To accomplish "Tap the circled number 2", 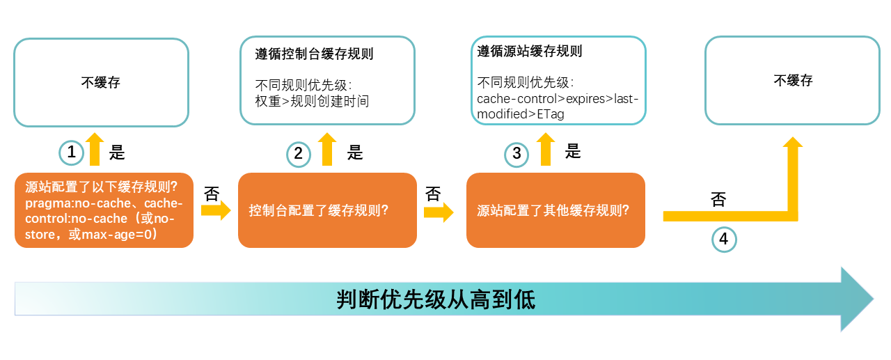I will pos(299,153).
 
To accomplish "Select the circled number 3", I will pos(517,153).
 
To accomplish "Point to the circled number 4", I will pos(724,240).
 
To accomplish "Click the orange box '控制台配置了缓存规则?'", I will pos(327,210).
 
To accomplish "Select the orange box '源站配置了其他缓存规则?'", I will pos(555,210).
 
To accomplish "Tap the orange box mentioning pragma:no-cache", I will pos(104,210).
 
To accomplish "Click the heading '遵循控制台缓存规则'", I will pos(315,54).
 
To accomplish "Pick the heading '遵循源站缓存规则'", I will pos(530,51).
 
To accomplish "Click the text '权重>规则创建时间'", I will pos(313,101).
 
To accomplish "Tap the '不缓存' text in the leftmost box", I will pos(101,82).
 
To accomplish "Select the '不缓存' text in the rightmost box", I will pos(793,80).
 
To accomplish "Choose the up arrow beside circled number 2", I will pos(326,149).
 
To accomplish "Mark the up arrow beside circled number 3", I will pos(546,149).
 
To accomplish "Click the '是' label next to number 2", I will pos(356,152).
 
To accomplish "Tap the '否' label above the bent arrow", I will pos(719,200).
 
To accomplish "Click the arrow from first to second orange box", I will pos(215,210).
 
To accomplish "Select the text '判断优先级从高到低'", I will pos(436,299).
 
